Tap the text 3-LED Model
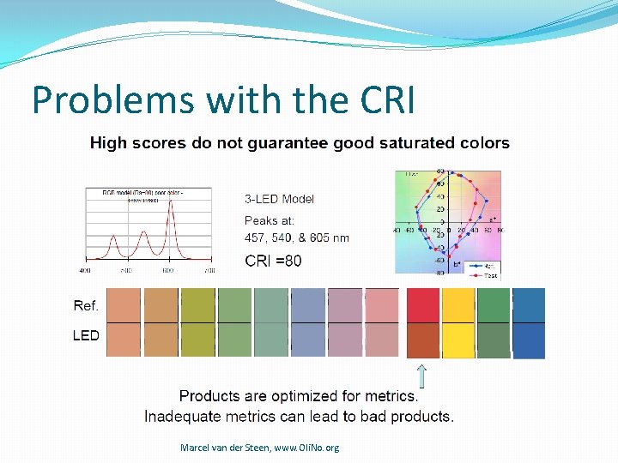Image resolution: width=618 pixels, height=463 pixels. click(x=280, y=199)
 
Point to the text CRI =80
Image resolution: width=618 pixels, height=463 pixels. click(x=273, y=261)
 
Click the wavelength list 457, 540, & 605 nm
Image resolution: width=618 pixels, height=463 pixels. click(x=297, y=238)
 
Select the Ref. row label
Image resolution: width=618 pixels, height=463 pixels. click(x=86, y=305)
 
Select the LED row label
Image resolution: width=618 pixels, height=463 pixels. click(x=86, y=335)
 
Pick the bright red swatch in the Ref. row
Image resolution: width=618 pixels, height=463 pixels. click(x=422, y=305)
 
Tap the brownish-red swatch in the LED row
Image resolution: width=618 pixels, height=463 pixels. click(x=422, y=340)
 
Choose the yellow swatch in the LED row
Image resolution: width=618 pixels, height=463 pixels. click(x=458, y=340)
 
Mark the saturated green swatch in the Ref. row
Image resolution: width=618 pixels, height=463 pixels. click(x=494, y=305)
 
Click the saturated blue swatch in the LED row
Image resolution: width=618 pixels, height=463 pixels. click(x=529, y=340)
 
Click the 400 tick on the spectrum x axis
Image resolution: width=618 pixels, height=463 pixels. click(x=85, y=270)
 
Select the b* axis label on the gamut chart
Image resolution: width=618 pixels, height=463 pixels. click(x=457, y=265)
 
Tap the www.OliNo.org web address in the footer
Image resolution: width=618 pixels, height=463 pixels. click(x=306, y=448)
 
